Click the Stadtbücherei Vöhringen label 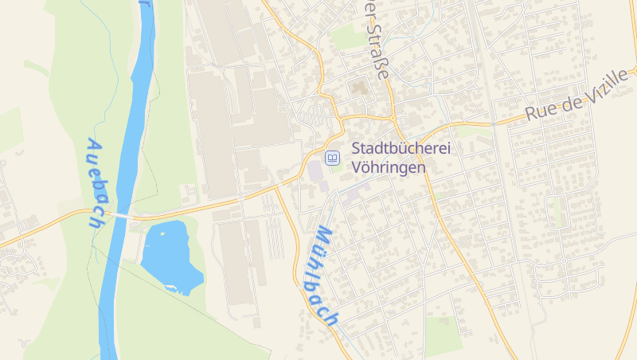click(x=389, y=158)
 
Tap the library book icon click(x=332, y=156)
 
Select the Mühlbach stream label click(x=322, y=276)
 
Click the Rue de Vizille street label click(x=576, y=104)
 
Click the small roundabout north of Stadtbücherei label click(x=392, y=119)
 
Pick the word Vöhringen click(x=389, y=168)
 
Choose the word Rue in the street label click(x=541, y=114)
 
